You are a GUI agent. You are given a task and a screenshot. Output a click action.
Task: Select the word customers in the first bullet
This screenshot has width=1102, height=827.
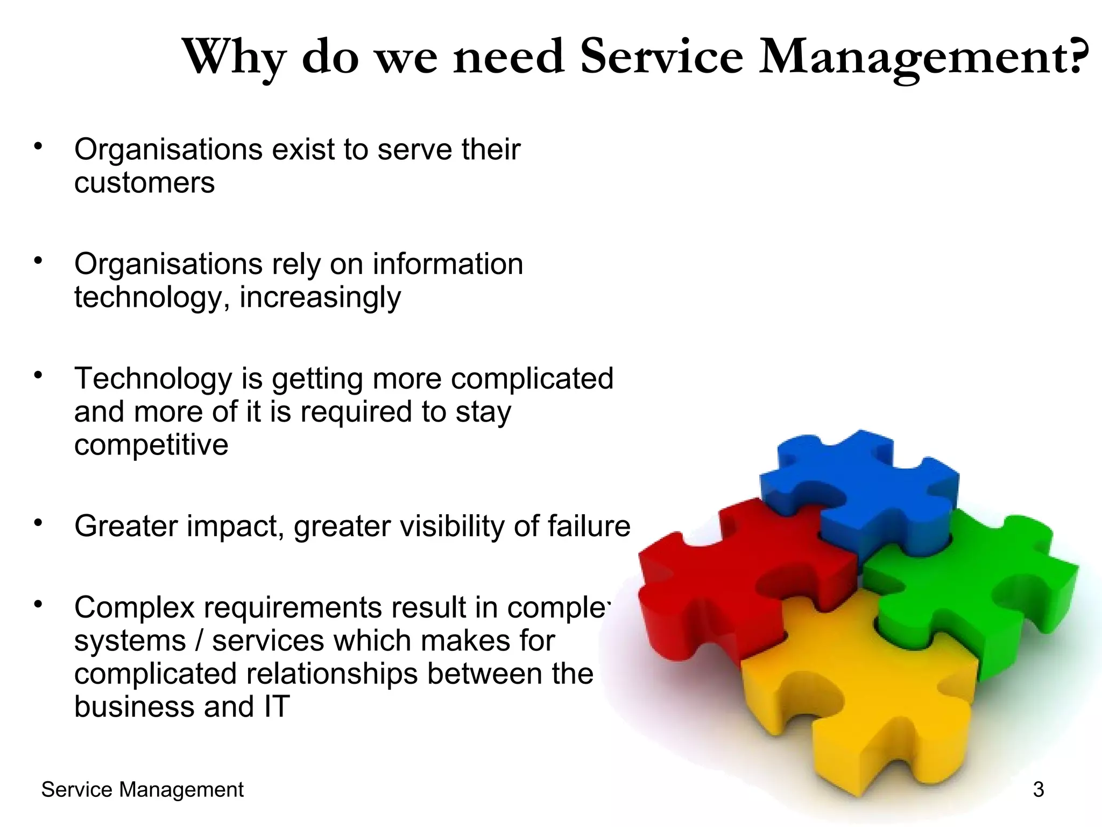pos(144,183)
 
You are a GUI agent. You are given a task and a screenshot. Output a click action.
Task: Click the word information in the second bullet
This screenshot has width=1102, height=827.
pos(448,264)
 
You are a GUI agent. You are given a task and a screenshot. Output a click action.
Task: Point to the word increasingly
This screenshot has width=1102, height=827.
pos(320,298)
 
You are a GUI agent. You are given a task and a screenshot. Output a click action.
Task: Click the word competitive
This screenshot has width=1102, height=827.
pos(151,445)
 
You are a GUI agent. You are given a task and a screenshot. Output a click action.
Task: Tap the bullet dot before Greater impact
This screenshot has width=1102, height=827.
pos(38,522)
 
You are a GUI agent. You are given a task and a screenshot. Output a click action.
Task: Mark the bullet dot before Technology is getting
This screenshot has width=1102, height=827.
pos(38,375)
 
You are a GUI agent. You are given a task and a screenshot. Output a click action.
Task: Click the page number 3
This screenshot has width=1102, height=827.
pos(1039,790)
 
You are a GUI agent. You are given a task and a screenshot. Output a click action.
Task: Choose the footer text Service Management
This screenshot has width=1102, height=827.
pos(142,790)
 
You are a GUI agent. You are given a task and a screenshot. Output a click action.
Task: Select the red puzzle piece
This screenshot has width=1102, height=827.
pos(716,581)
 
